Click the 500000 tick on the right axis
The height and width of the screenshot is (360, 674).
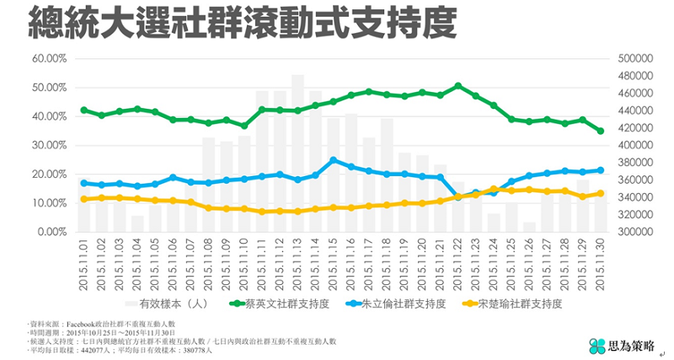637,59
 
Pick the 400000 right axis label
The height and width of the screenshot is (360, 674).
637,145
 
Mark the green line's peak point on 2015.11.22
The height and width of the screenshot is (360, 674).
458,86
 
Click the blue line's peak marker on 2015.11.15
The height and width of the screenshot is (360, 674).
334,159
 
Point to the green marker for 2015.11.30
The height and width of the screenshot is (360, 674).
601,131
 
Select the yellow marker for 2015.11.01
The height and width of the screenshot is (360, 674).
84,199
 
